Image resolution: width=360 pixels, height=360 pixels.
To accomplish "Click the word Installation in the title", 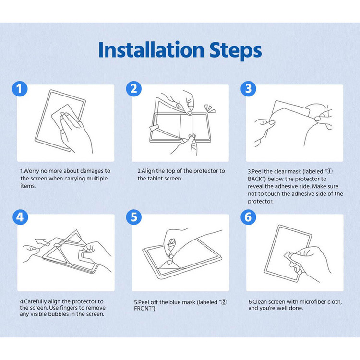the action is pos(151,49).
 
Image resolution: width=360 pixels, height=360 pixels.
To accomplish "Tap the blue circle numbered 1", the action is pos(20,89).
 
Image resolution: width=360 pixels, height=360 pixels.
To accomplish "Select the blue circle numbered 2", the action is pos(133,89).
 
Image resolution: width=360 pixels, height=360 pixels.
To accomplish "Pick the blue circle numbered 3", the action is pos(248,89).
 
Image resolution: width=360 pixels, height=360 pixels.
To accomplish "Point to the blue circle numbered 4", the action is pos(20,217).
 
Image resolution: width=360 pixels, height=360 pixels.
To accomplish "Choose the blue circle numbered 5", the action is pos(133,217).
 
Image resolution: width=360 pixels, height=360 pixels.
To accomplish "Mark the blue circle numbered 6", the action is pos(248,217).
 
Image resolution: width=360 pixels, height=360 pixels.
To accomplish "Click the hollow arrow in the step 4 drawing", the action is pos(42,243).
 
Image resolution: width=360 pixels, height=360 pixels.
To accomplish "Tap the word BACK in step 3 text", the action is pos(255,179).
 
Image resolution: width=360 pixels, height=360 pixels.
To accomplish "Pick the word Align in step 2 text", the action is pos(148,171).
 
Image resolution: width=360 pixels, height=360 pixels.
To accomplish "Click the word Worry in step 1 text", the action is pos(31,171).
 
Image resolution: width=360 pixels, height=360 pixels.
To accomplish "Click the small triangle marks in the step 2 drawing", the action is pos(210,108).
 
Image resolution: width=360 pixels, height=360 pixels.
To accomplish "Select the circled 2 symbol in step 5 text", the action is pos(224,302).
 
